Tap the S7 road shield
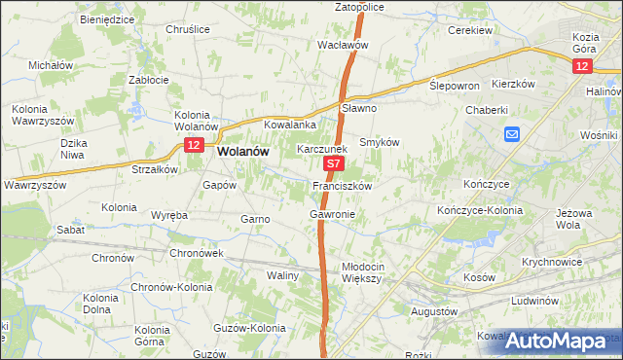click(332, 166)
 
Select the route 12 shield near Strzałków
click(193, 145)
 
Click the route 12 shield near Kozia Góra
click(581, 65)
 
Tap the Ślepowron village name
click(455, 85)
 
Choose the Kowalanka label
click(291, 125)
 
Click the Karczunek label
click(321, 150)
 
